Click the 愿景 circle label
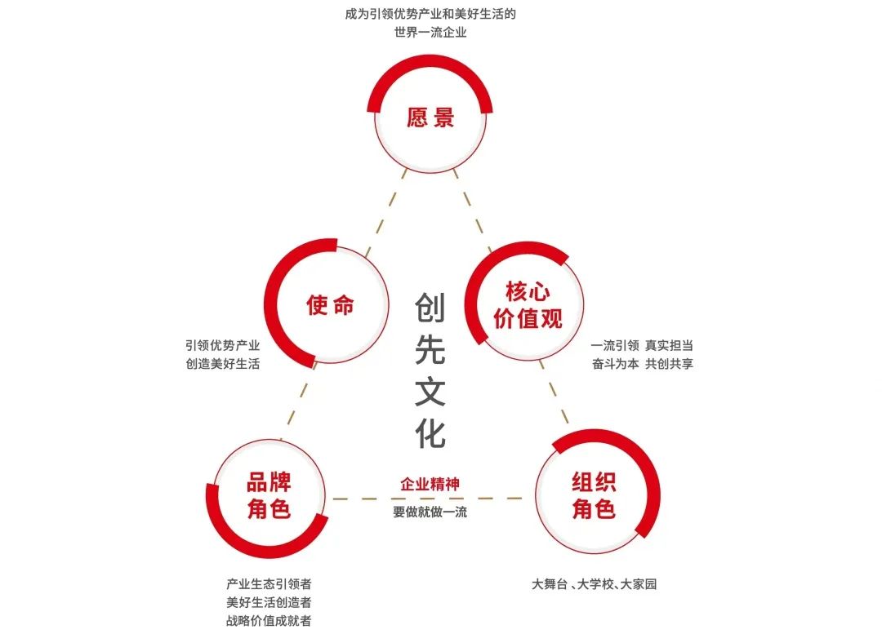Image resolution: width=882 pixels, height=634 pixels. coord(430,118)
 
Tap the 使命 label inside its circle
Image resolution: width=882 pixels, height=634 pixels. coord(331,305)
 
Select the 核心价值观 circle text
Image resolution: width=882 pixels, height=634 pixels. coord(528,305)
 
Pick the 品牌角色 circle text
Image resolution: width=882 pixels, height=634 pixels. coord(269,496)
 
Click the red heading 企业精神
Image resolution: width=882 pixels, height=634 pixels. coord(430,484)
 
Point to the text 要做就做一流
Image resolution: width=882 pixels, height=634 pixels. coord(430,512)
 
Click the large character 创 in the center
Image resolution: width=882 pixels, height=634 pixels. coord(430,309)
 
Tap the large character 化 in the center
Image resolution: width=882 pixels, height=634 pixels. coord(430,432)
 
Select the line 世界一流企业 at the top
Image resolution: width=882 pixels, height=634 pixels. coord(430,33)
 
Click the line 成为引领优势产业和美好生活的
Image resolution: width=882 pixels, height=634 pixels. coord(430,14)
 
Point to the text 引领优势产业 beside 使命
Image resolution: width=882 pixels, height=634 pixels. coord(223,345)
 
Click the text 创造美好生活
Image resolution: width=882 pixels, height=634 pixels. coord(223,364)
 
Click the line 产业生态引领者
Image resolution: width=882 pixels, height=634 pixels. coord(269,584)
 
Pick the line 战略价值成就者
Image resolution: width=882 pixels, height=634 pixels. coord(269,621)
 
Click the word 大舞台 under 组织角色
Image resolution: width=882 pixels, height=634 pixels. coord(550,584)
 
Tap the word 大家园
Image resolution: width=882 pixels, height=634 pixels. coord(639,584)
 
